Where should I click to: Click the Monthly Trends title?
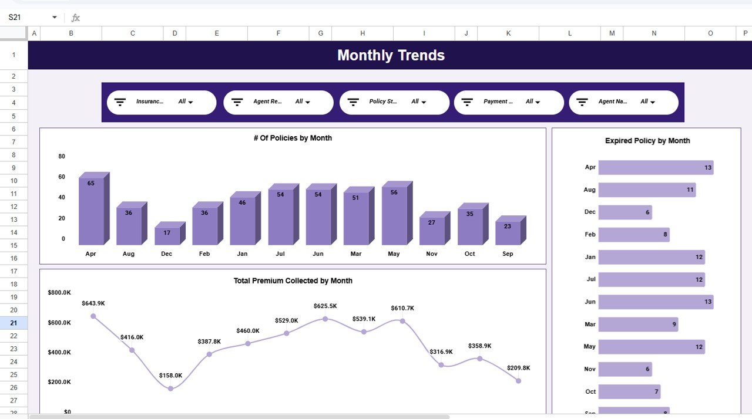391,55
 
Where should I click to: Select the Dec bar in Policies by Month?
167,236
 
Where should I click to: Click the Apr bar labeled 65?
91,211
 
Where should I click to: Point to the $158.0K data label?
170,376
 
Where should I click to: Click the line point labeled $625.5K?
325,319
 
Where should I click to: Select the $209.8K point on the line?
518,381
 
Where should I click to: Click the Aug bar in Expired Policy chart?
646,190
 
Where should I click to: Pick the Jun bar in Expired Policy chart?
655,302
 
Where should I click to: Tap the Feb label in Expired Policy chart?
590,235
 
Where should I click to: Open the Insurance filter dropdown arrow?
190,102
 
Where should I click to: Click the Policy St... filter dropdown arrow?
424,102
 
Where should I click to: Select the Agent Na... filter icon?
582,102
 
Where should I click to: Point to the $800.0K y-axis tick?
59,292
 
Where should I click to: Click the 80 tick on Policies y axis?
62,156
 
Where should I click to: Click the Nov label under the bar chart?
432,254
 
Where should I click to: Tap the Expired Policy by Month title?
647,141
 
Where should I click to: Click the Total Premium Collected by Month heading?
293,281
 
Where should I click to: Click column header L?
569,33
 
